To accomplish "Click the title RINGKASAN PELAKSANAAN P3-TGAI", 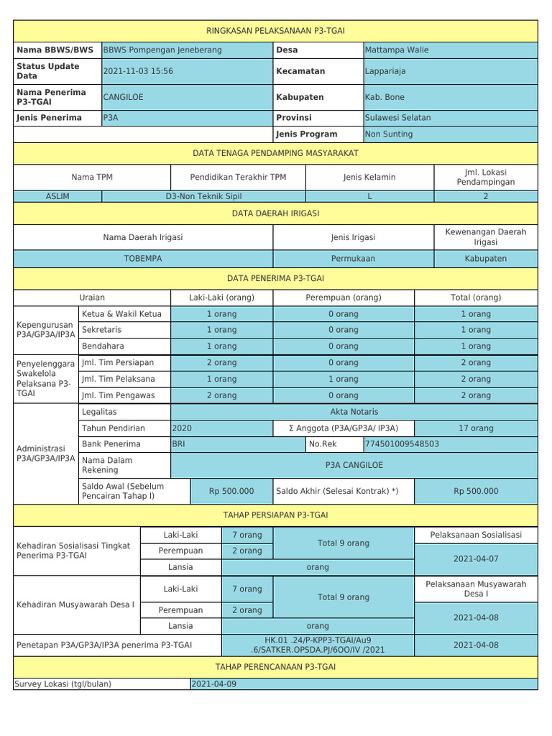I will (x=275, y=31).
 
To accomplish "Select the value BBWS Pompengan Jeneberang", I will (x=162, y=50).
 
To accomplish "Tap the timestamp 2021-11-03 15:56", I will (x=138, y=71).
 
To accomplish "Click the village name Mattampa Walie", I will (x=397, y=50).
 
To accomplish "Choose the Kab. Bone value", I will (x=385, y=97).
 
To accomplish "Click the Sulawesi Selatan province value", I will (x=398, y=118).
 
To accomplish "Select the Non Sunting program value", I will (x=389, y=134).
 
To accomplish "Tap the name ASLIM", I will (x=57, y=196).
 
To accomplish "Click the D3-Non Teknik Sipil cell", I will (x=204, y=196).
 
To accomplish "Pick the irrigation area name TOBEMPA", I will (x=143, y=258).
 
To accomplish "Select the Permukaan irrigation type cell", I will (x=353, y=258).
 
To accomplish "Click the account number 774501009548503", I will (x=402, y=444).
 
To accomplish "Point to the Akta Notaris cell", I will (x=353, y=412).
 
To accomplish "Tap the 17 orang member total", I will (x=476, y=428).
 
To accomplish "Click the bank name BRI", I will (x=179, y=444).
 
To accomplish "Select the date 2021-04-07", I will (x=475, y=558).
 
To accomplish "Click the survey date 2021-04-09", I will (x=213, y=684).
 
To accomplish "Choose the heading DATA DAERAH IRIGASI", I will (x=275, y=213).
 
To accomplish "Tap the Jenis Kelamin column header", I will (x=369, y=177).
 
